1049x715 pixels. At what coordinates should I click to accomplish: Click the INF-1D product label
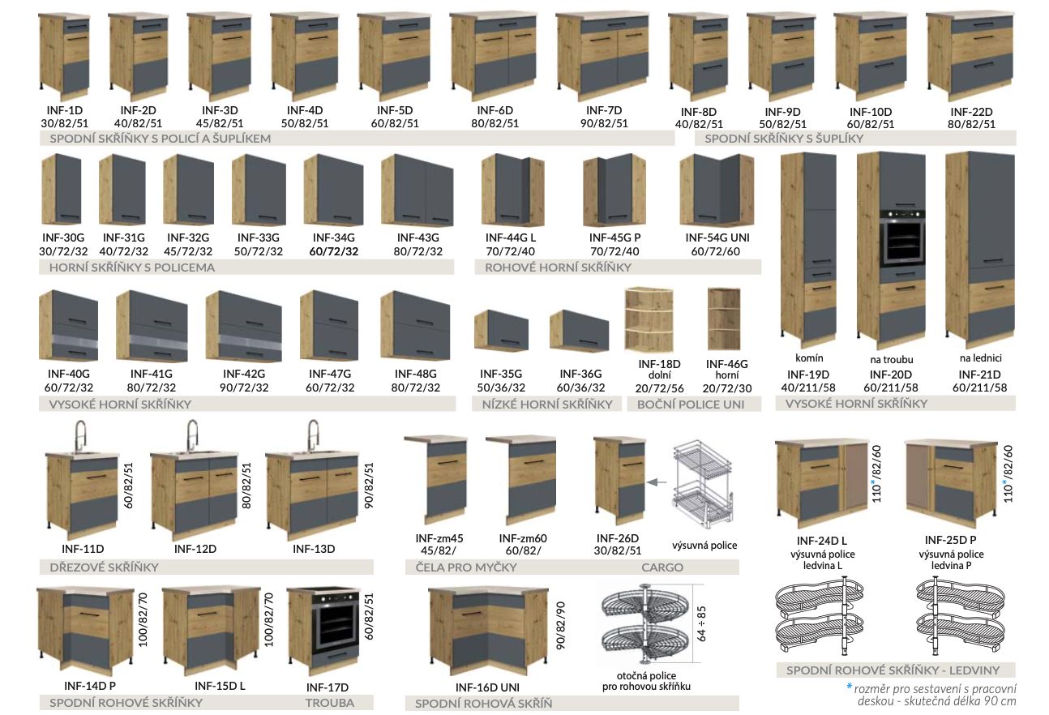point(62,109)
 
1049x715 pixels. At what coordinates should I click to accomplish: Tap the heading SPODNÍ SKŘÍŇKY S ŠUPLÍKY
point(784,139)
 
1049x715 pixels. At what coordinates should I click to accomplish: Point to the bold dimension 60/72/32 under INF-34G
point(333,251)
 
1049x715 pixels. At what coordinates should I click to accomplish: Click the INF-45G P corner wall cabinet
point(612,192)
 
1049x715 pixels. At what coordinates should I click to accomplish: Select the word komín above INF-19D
point(809,357)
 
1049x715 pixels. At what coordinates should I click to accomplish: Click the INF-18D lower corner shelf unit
point(648,320)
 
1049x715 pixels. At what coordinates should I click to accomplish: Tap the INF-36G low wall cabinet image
point(579,331)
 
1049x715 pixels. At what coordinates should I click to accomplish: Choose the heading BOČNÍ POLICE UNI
point(691,404)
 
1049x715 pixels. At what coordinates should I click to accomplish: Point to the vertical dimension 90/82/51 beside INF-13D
point(369,486)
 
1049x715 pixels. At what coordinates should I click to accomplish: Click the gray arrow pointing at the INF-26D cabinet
point(655,483)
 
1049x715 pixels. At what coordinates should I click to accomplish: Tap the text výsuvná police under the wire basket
point(704,545)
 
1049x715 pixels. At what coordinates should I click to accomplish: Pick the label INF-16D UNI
point(486,687)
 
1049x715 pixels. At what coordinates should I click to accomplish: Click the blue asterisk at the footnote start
point(849,687)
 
